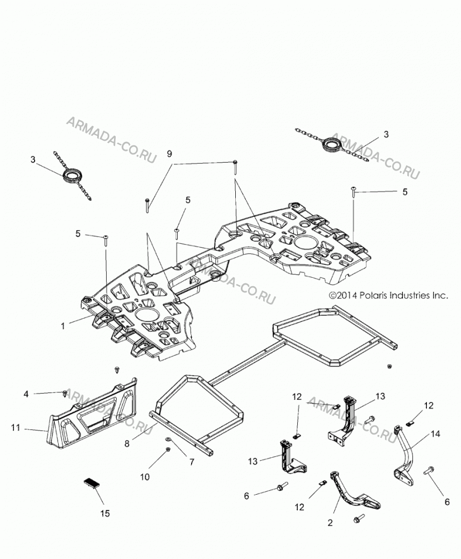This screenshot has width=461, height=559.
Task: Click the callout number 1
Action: point(63,326)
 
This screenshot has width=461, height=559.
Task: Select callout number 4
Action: point(26,394)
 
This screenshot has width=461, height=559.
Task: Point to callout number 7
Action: point(192,462)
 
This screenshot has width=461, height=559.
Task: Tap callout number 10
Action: point(145,477)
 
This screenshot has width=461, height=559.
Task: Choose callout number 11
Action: point(15,427)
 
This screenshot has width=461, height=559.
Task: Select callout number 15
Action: point(104,513)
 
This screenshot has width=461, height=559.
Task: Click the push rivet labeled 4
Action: point(65,393)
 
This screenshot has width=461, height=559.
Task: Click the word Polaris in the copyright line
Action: point(373,295)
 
